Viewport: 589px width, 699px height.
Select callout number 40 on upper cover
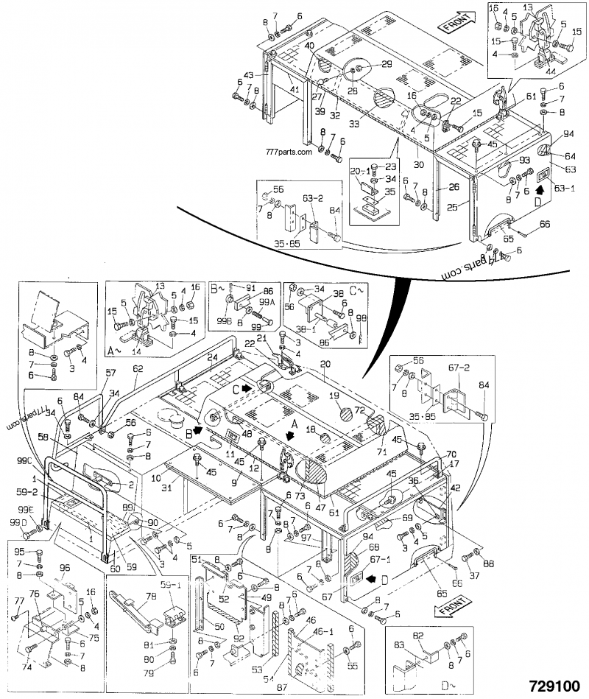click(310, 46)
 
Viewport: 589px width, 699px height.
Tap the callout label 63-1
click(563, 189)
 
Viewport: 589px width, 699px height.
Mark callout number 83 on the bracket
click(398, 646)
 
